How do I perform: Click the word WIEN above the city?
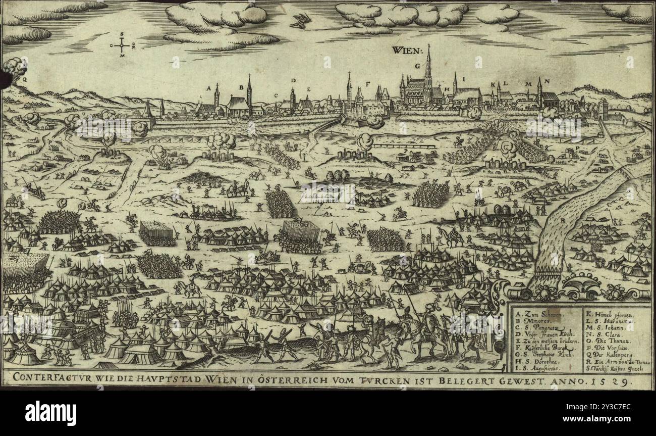point(406,50)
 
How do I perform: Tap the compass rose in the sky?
point(122,45)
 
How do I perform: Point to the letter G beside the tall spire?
point(417,66)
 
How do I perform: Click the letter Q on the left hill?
point(24,79)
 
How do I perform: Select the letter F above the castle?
point(368,83)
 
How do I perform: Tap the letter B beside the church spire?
point(241,87)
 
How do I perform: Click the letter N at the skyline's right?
point(547,82)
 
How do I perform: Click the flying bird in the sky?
point(301,21)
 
